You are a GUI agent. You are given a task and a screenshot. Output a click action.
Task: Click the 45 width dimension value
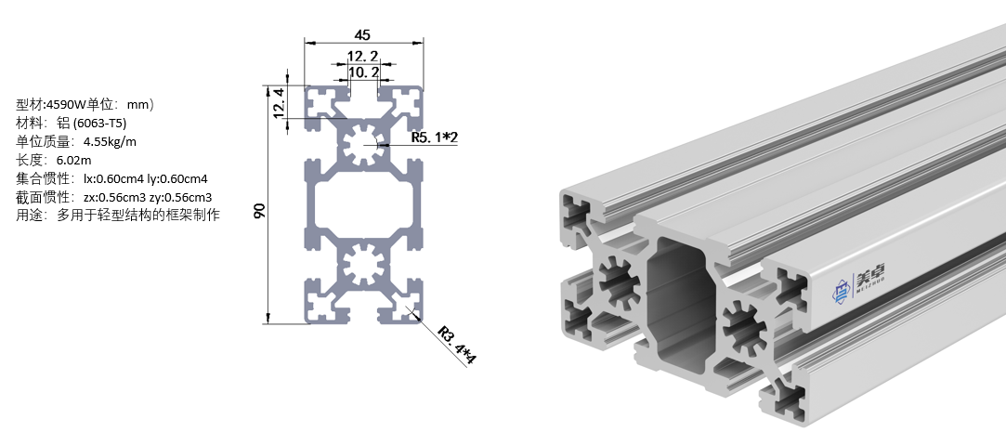(363, 34)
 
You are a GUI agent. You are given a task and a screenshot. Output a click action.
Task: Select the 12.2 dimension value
(363, 56)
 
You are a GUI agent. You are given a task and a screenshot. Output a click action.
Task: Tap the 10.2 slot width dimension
(363, 72)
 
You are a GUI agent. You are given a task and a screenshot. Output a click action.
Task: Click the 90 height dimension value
(260, 211)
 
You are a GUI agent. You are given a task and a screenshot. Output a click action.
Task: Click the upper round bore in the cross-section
(364, 144)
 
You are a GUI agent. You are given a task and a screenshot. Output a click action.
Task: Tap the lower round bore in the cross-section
(364, 267)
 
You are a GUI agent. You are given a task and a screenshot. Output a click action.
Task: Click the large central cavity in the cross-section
(364, 205)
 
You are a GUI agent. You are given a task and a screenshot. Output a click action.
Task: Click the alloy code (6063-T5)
(99, 123)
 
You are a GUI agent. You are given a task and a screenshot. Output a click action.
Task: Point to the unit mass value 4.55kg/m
(110, 141)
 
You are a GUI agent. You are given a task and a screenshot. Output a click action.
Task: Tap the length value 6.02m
(72, 160)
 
